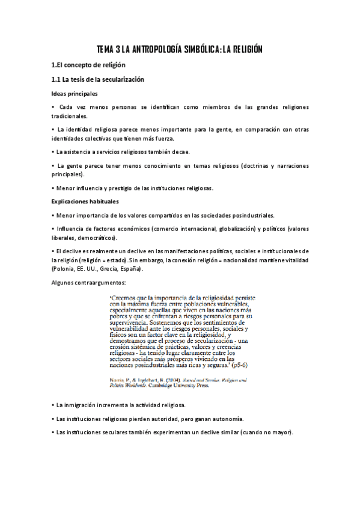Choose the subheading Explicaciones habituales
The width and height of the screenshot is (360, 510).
coord(85,201)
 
